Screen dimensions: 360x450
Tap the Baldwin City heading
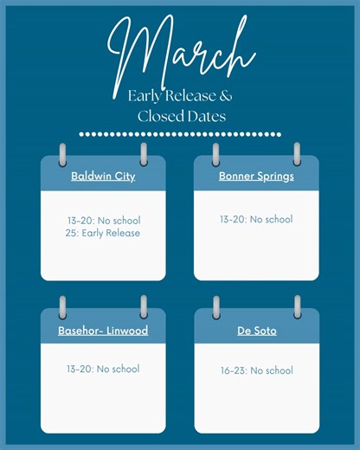(x=103, y=177)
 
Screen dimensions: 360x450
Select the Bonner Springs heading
(x=256, y=177)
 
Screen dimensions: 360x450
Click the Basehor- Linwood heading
(x=103, y=331)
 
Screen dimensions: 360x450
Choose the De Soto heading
(x=256, y=331)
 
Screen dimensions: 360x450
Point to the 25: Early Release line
(x=103, y=233)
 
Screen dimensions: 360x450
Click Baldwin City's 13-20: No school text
(x=103, y=221)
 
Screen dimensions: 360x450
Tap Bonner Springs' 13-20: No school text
(x=256, y=220)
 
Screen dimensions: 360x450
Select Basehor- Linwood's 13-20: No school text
(x=103, y=370)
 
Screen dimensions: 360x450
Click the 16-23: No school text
(x=256, y=370)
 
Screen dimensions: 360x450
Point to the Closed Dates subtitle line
(x=180, y=115)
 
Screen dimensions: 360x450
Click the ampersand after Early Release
(x=227, y=95)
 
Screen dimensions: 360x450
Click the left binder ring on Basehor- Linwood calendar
(x=62, y=307)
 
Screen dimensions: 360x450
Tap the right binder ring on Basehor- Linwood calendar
(x=144, y=307)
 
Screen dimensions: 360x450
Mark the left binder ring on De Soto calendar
(x=215, y=307)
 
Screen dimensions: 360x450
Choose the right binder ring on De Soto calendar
(x=297, y=307)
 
